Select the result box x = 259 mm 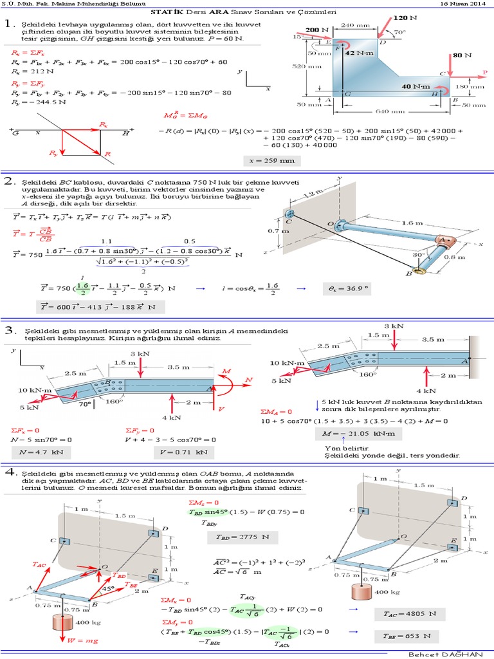(272, 160)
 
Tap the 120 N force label (404, 19)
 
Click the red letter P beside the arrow (485, 72)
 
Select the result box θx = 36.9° (348, 290)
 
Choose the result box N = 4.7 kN (35, 452)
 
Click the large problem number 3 (10, 331)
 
